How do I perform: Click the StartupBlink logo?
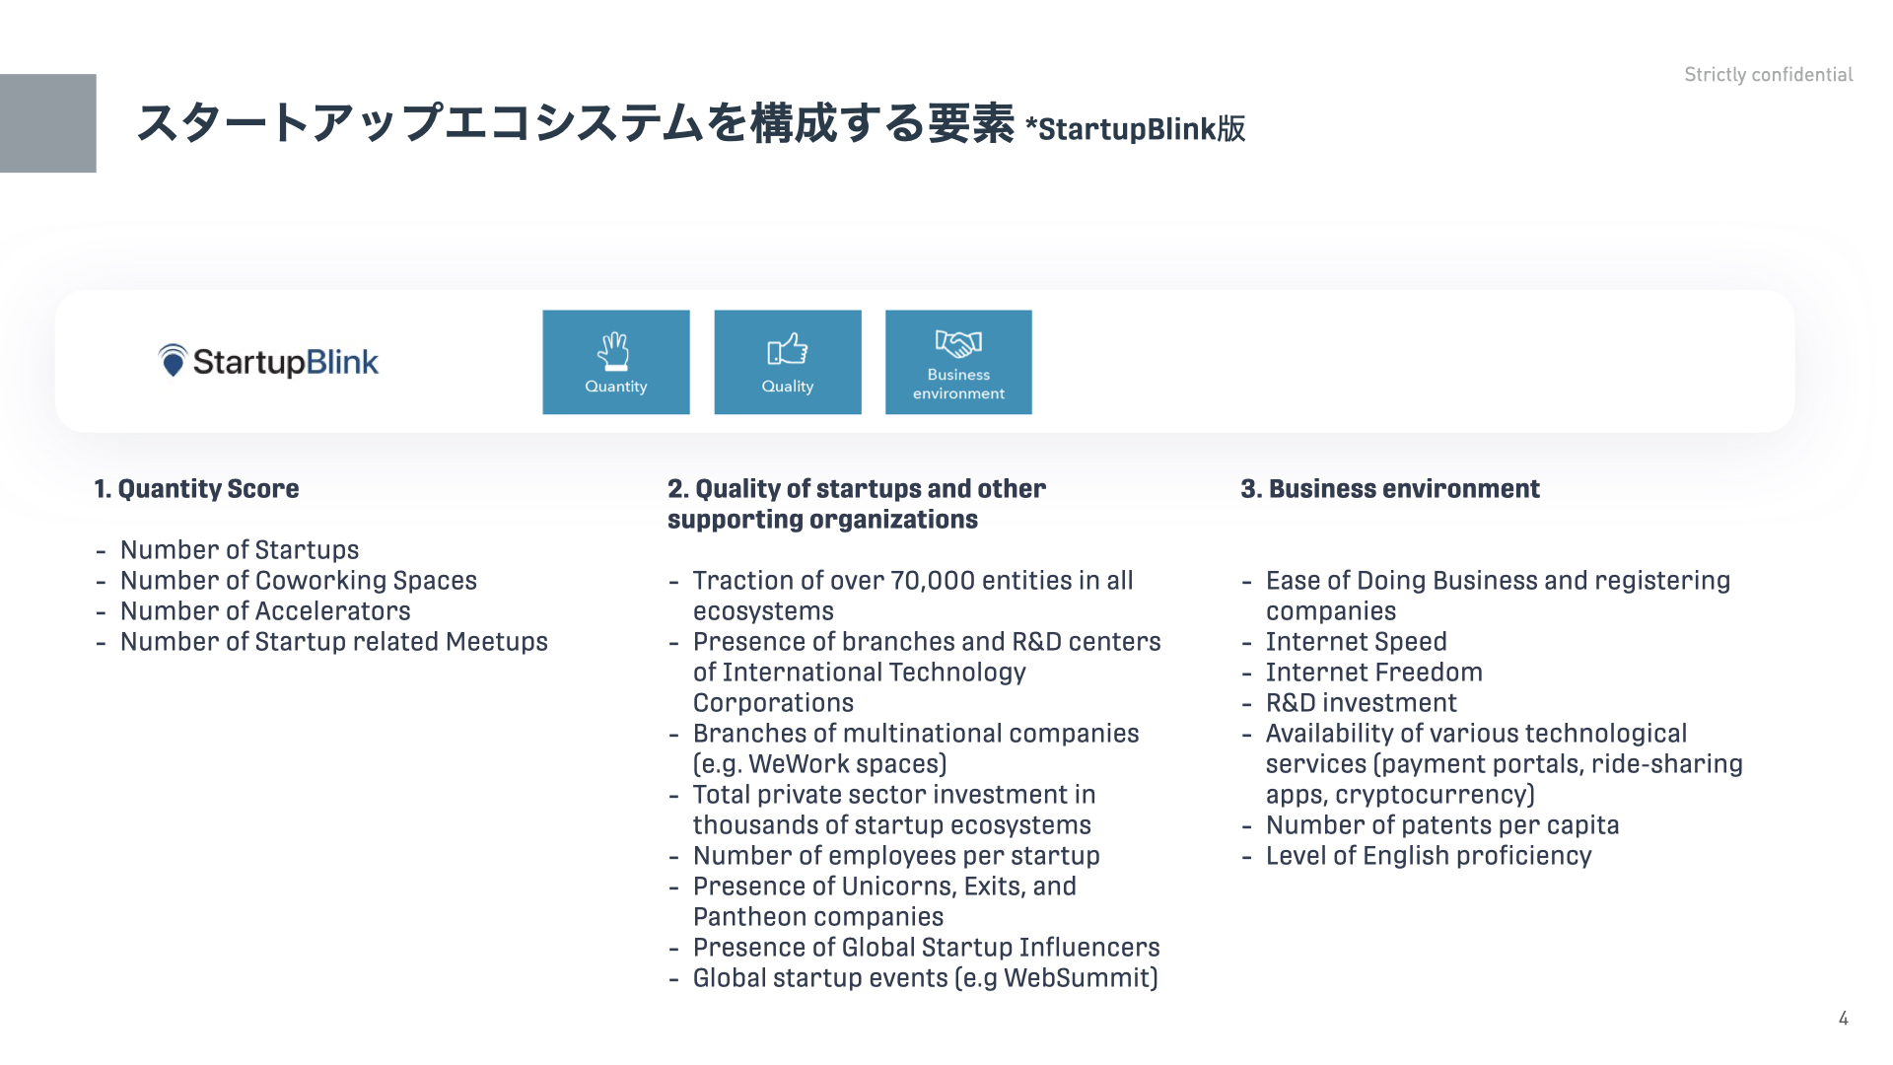tap(268, 362)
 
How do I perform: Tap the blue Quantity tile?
tap(616, 362)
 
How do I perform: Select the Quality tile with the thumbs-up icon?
tap(788, 362)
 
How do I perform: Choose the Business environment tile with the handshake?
tap(958, 362)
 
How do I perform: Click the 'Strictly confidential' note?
tap(1769, 75)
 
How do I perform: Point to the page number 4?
tap(1844, 1019)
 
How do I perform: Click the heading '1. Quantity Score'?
tap(197, 489)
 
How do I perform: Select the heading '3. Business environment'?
tap(1390, 489)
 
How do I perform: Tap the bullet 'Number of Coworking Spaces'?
tap(299, 581)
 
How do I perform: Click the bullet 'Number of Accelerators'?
tap(265, 611)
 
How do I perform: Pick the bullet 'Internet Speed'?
tap(1357, 642)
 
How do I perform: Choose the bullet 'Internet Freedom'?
tap(1374, 673)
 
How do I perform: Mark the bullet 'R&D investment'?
tap(1362, 703)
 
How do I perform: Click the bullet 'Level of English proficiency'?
tap(1429, 856)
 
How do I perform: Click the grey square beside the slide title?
tap(48, 123)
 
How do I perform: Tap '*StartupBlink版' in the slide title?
tap(1136, 129)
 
